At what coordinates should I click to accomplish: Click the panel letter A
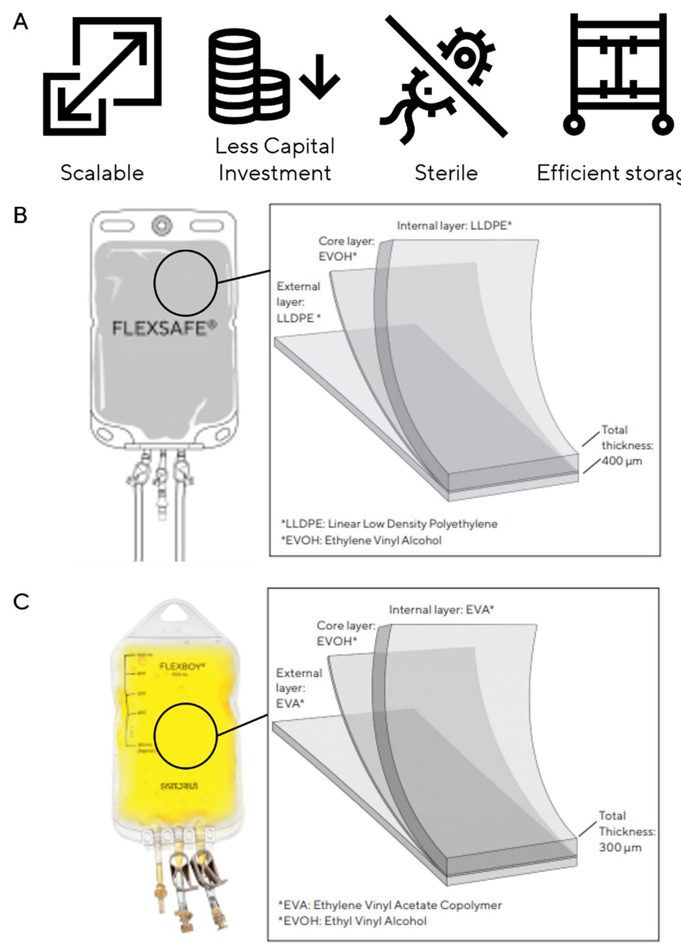click(20, 22)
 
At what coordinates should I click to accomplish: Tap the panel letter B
click(20, 215)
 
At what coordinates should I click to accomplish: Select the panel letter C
click(21, 601)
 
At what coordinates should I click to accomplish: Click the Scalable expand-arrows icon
click(102, 76)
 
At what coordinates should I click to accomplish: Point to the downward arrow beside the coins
click(320, 76)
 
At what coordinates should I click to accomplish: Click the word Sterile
click(446, 173)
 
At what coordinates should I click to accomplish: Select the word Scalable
click(102, 173)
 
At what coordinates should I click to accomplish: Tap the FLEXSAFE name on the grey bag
click(164, 328)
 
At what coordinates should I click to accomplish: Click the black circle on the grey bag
click(186, 283)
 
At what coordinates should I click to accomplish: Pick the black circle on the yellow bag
click(186, 736)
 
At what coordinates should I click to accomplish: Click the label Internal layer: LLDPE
click(454, 225)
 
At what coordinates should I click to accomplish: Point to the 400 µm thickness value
click(622, 461)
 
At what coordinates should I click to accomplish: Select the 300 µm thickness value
click(620, 847)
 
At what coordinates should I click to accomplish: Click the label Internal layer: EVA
click(441, 610)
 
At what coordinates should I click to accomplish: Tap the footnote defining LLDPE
click(389, 524)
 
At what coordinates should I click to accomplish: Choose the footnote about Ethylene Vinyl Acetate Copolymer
click(390, 905)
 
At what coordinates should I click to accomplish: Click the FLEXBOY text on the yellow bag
click(182, 666)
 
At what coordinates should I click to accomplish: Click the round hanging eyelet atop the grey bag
click(162, 225)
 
